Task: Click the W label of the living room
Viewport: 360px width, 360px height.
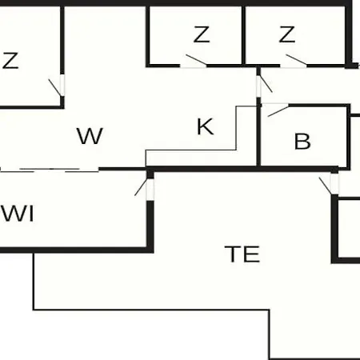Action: pyautogui.click(x=90, y=136)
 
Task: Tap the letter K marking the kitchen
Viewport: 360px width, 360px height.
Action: pyautogui.click(x=205, y=126)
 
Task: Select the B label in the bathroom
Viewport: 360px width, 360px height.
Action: pyautogui.click(x=302, y=142)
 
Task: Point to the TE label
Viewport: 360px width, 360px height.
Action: pyautogui.click(x=242, y=254)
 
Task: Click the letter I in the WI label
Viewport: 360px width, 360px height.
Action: pyautogui.click(x=32, y=214)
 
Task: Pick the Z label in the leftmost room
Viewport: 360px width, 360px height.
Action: pyautogui.click(x=10, y=61)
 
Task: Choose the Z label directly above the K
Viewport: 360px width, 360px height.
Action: pyautogui.click(x=202, y=34)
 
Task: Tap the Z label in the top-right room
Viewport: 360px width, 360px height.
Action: pyautogui.click(x=287, y=34)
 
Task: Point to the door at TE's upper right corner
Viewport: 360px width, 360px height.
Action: pyautogui.click(x=329, y=184)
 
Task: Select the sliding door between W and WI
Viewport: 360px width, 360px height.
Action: pyautogui.click(x=50, y=170)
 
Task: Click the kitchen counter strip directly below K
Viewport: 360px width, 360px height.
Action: pyautogui.click(x=190, y=158)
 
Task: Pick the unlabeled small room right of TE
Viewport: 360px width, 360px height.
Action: pyautogui.click(x=350, y=229)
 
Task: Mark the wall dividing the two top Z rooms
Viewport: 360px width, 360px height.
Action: pyautogui.click(x=243, y=35)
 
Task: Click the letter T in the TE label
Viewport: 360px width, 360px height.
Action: pyautogui.click(x=233, y=254)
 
